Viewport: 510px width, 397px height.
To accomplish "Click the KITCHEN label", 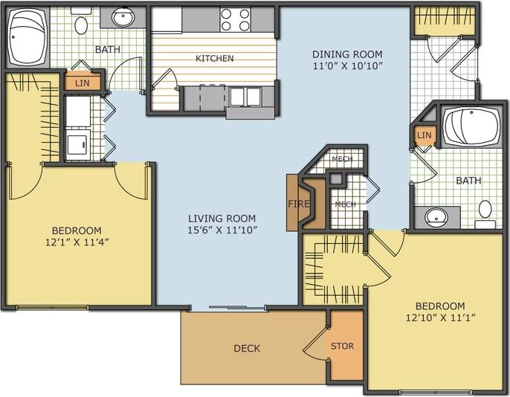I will coord(214,58).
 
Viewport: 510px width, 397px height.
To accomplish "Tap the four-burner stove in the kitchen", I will coord(236,20).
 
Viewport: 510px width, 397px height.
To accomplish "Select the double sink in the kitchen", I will coord(245,97).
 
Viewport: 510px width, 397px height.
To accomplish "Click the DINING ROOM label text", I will coord(347,54).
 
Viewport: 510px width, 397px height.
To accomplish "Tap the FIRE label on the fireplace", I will coord(294,203).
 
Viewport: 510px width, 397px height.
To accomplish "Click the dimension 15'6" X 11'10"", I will coord(222,230).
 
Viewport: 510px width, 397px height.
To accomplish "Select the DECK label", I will coord(247,348).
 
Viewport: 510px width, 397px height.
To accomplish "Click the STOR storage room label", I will coord(342,346).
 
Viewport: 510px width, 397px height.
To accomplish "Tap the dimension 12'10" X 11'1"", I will coord(440,317).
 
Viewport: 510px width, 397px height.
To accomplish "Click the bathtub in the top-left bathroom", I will coord(28,37).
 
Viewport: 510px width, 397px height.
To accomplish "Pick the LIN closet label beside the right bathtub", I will coord(424,135).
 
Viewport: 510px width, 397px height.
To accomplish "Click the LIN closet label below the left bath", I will coord(82,83).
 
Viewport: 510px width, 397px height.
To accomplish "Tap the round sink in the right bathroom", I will coord(436,217).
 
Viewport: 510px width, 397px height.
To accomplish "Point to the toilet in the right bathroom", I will coord(485,211).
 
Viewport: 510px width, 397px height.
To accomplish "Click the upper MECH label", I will coord(342,159).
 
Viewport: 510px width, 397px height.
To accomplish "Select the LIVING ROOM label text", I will coord(222,218).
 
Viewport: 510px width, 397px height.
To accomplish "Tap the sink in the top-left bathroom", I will coord(123,16).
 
